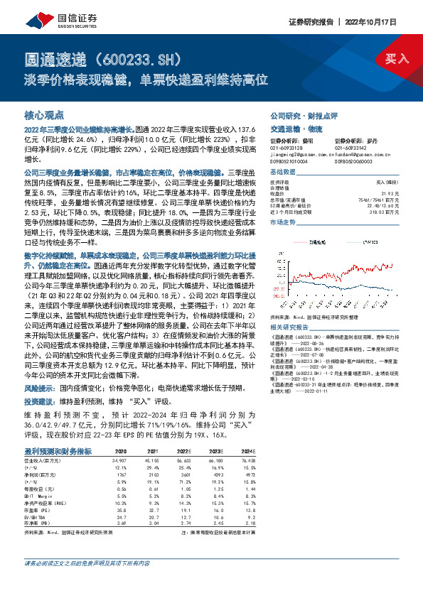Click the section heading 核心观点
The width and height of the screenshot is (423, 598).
click(44, 114)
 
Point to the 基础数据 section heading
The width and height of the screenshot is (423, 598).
click(282, 173)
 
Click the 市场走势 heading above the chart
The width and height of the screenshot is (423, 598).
click(282, 222)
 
